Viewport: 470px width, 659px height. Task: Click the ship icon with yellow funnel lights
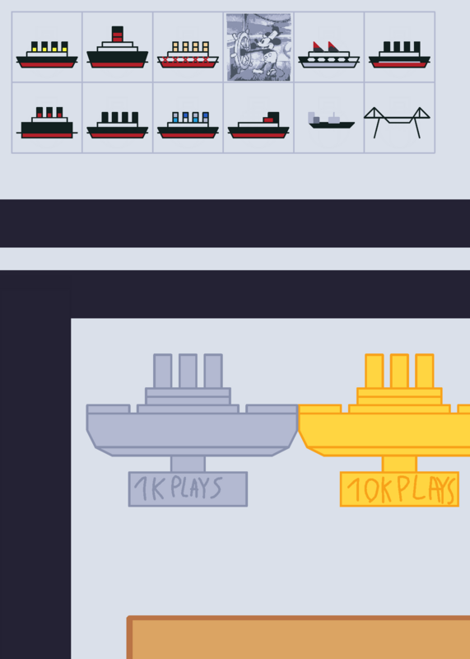(x=47, y=54)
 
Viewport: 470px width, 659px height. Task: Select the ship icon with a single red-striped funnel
(x=117, y=47)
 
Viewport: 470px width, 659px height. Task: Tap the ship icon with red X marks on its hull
(x=188, y=54)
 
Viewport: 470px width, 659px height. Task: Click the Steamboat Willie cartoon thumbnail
(x=258, y=47)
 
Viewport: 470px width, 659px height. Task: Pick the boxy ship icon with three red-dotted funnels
(x=47, y=123)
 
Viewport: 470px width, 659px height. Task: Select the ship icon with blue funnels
(x=188, y=125)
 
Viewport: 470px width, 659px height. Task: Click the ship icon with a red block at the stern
(x=258, y=125)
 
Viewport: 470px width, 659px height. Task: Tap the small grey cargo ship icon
(x=332, y=120)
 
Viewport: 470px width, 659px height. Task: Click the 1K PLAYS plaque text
(x=178, y=488)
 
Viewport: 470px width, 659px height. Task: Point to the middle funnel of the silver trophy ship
(x=188, y=372)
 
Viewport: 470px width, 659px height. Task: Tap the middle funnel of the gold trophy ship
(x=399, y=372)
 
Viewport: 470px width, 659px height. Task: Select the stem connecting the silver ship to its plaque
(x=188, y=464)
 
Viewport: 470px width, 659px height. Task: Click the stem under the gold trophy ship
(x=399, y=464)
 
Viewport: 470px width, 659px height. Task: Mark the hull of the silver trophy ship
(x=192, y=431)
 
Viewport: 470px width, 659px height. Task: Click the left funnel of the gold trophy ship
(x=375, y=372)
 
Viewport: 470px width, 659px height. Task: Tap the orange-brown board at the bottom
(x=298, y=638)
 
